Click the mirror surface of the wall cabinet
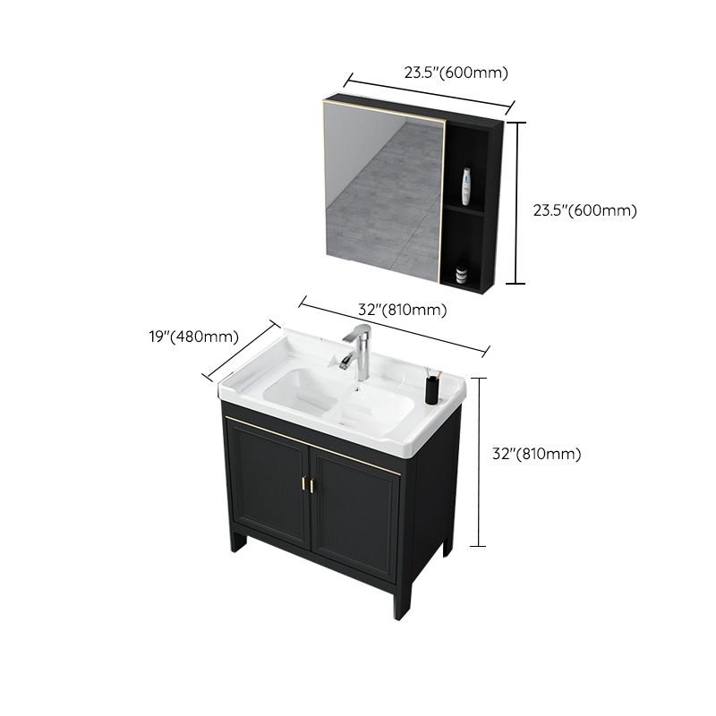[385, 197]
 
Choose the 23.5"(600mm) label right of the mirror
[584, 211]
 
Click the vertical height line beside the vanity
[483, 461]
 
